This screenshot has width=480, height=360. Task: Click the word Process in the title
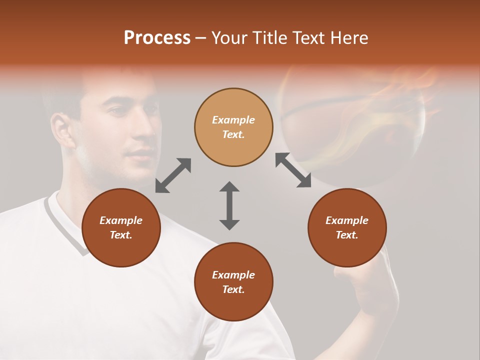click(157, 38)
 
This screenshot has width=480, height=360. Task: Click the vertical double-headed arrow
click(229, 205)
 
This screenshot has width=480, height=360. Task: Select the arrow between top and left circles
click(173, 175)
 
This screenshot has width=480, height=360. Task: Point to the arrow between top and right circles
click(293, 170)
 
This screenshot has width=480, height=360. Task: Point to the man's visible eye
click(119, 110)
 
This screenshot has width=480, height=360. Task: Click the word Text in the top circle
click(233, 134)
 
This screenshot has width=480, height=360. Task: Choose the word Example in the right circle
click(347, 220)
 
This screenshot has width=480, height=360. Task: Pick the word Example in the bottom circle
click(233, 275)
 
